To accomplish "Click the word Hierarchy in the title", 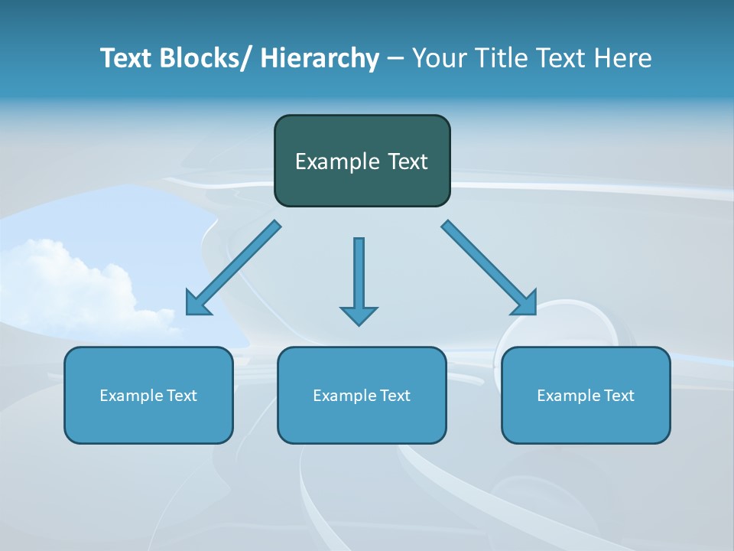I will (x=320, y=58).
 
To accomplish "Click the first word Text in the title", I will (x=126, y=58).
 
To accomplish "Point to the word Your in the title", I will (x=440, y=58).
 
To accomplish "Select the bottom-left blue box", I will (x=148, y=395).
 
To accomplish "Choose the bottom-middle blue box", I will (x=362, y=395).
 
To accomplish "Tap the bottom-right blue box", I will (x=586, y=395).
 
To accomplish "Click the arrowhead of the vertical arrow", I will (x=359, y=315).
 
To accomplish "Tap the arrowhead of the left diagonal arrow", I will (x=197, y=304).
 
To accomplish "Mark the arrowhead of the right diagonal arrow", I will (x=525, y=303).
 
